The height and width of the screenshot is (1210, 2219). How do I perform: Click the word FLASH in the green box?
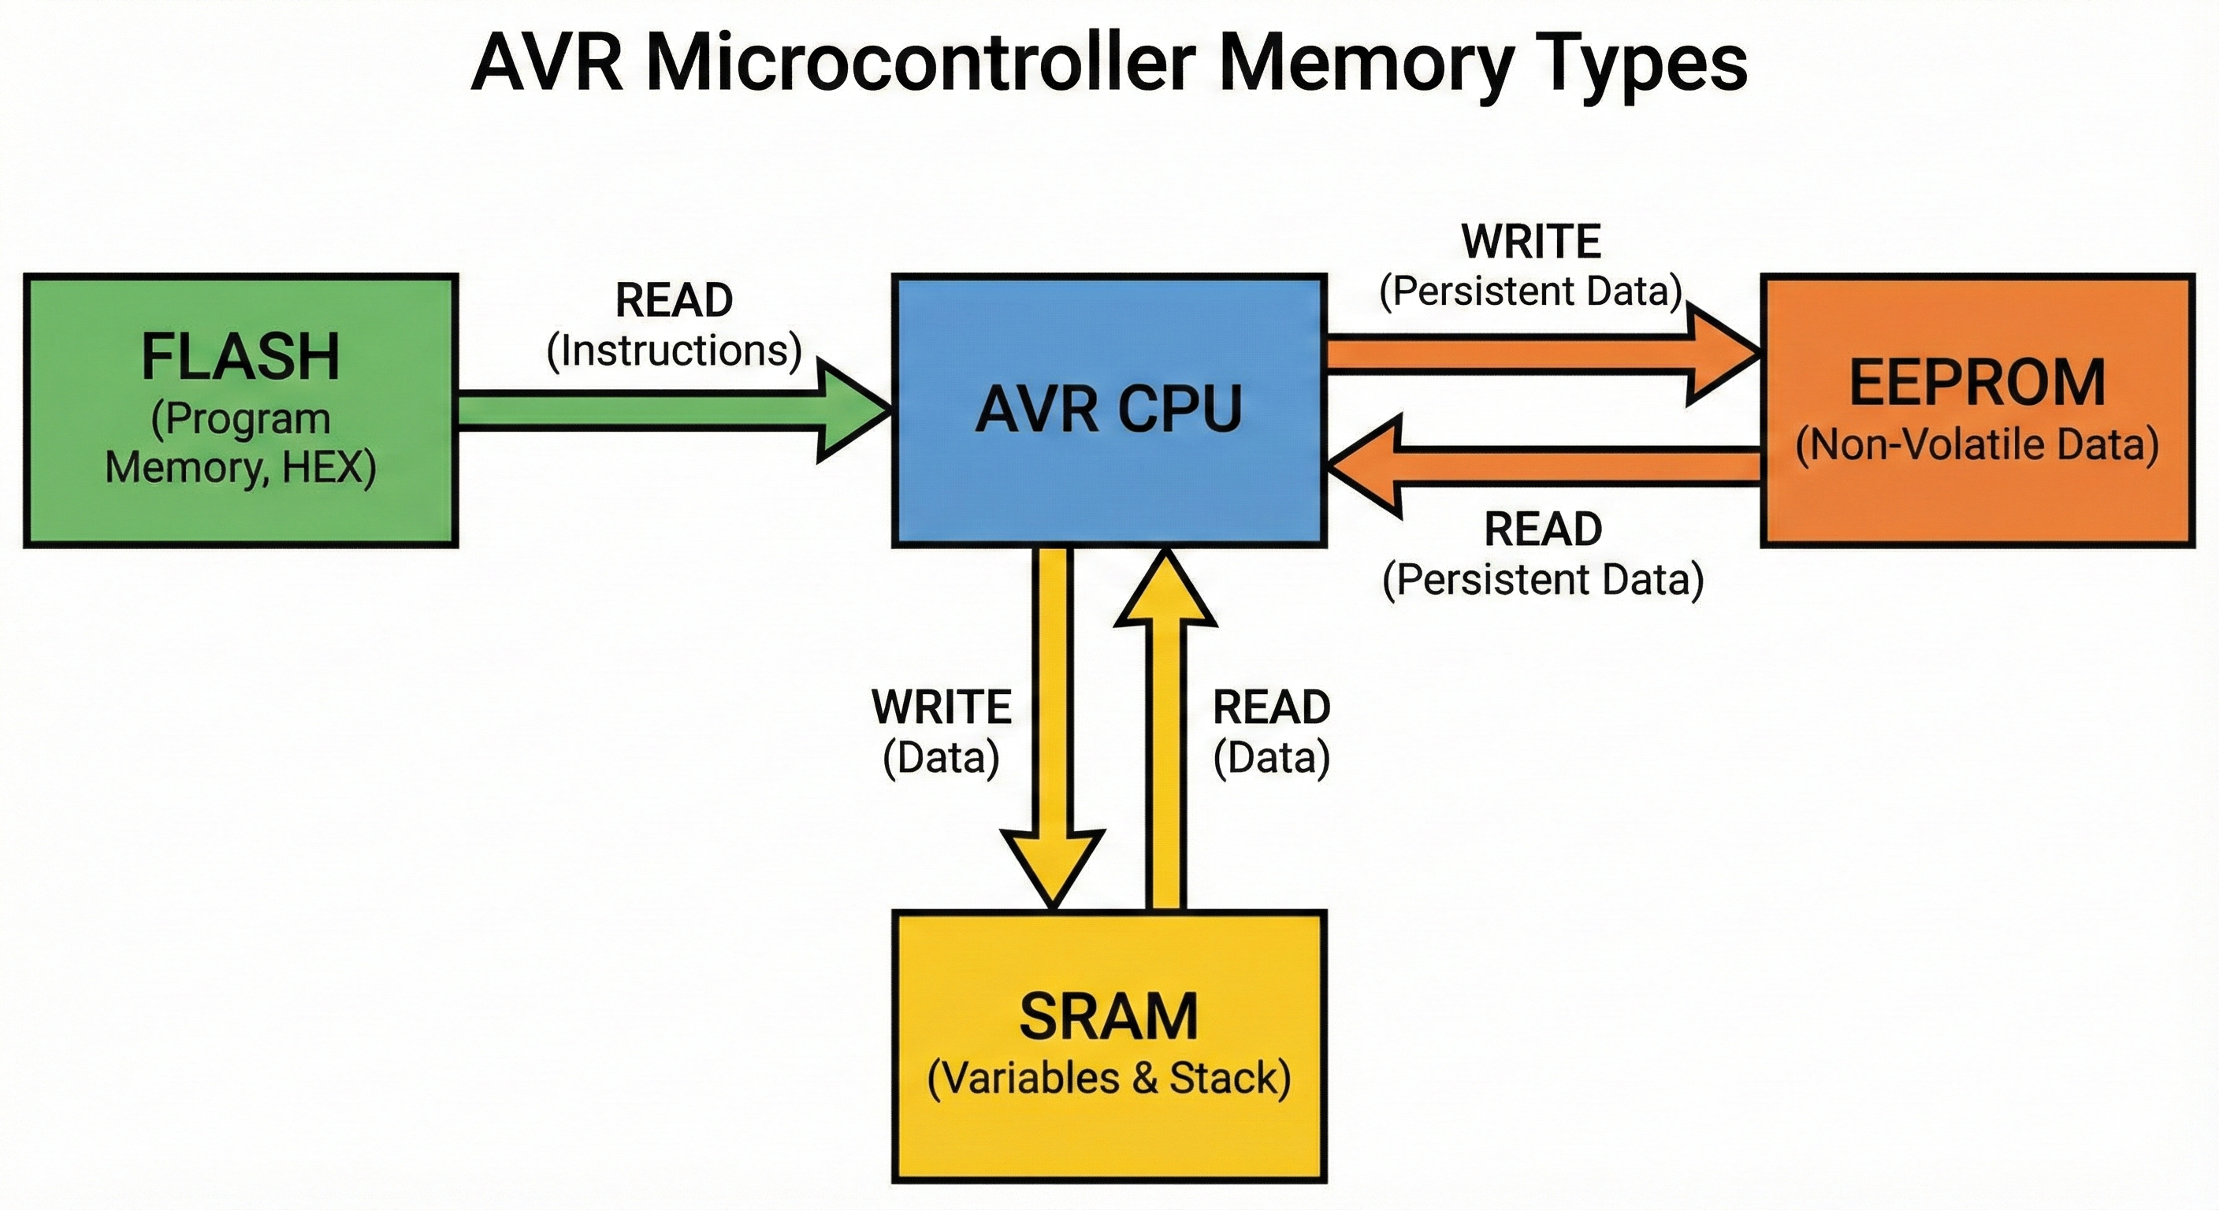(x=240, y=357)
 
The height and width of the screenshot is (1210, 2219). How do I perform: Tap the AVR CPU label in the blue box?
(x=1109, y=409)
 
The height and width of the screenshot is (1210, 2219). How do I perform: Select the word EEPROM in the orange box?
(x=1978, y=383)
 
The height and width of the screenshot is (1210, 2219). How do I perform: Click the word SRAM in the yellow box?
(x=1109, y=1017)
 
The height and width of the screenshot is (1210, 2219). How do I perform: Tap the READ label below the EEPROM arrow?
(x=1542, y=529)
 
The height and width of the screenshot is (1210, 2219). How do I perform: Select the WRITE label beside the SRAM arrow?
(x=941, y=707)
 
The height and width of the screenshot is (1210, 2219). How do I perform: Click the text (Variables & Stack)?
(x=1109, y=1079)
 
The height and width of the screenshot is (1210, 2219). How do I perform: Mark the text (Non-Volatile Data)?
(x=1978, y=445)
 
